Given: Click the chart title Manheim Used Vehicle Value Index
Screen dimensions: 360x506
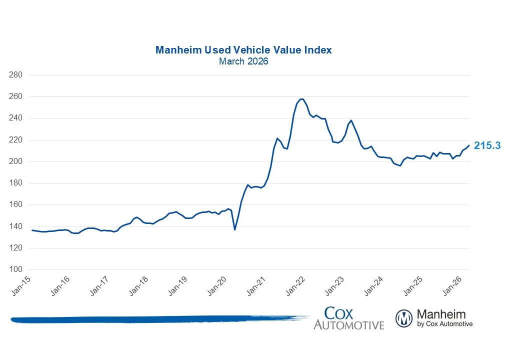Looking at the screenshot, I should pos(243,50).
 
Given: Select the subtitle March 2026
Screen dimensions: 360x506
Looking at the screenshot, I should pos(243,61).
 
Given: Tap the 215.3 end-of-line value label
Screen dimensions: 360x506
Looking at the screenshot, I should pos(487,146).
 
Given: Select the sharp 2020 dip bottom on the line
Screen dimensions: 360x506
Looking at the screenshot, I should pos(235,229).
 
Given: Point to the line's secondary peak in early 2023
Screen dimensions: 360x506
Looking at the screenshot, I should pos(351,120).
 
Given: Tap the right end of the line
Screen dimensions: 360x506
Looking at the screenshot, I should pos(469,145).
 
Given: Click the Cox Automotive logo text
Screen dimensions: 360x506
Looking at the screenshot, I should pos(348,318).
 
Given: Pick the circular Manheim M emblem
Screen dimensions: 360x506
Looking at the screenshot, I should pos(404,318).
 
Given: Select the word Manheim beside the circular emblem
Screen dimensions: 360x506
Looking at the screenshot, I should pos(440,314).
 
